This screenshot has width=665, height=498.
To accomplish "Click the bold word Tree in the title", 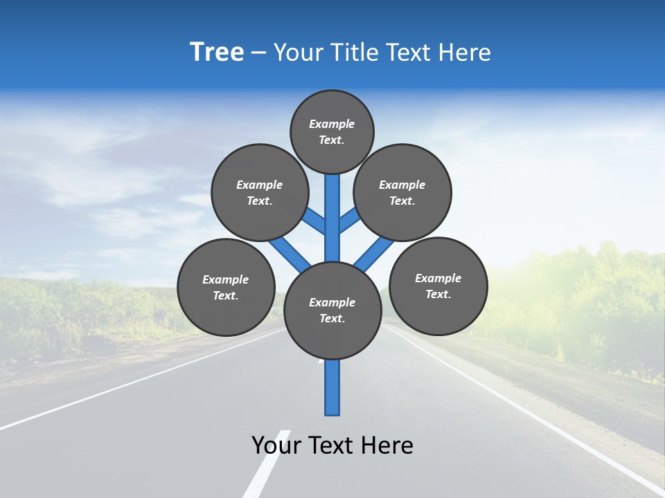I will click(217, 53).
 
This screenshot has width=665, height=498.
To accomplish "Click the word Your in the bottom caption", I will click(276, 445).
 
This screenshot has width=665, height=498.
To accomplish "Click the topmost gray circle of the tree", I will click(332, 131).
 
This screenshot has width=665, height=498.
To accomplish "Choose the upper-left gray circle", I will click(260, 192).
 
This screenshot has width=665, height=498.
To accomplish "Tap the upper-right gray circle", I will click(402, 192).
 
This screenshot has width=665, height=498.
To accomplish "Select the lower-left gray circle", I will click(226, 287).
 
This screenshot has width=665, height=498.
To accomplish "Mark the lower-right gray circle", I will click(438, 286).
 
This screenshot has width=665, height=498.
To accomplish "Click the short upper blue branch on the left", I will click(315, 221).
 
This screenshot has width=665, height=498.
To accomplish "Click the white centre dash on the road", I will click(266, 463).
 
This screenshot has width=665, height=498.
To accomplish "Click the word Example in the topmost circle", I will click(332, 124).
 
